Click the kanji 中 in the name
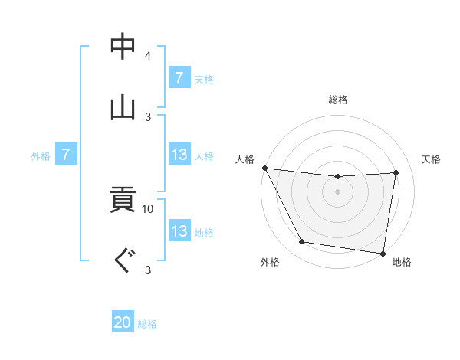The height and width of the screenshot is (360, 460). coord(123,47)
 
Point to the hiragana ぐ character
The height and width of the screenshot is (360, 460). coord(123,260)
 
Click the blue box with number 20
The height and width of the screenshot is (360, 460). coord(123,323)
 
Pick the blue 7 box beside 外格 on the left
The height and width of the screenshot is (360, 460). coord(66,155)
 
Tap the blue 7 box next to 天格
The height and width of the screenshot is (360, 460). coord(179,78)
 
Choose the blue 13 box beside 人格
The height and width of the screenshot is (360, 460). coord(179,155)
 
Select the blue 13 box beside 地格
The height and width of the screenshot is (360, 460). coord(179,231)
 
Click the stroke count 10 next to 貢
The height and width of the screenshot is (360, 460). coord(148,208)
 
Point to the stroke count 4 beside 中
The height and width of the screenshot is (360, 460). coord(148,56)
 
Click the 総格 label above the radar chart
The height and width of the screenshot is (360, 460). coord(338,100)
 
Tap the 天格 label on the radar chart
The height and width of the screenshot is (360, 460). coord(431,159)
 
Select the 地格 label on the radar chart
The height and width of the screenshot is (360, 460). coord(402,263)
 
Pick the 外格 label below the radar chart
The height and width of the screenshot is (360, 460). coord(270,263)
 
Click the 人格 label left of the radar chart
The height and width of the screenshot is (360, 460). coord(245,159)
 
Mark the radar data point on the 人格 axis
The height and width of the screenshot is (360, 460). coord(264,168)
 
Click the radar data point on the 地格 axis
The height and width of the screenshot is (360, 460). coord(383,253)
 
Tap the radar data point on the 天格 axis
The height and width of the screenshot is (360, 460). coord(396,172)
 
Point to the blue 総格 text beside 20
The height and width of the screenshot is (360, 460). coord(147,324)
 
